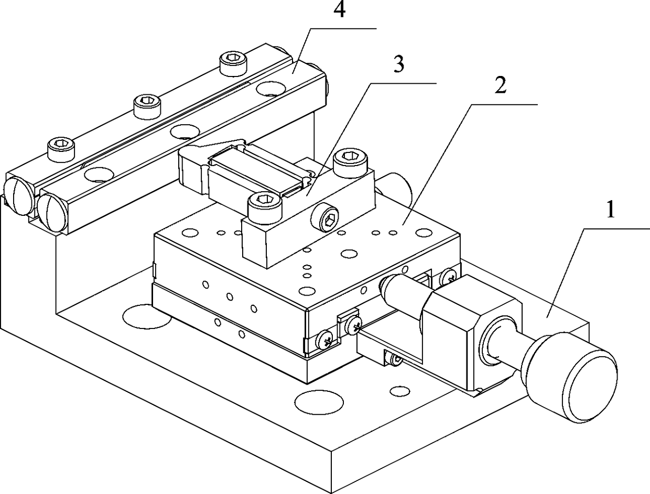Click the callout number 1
click(609, 211)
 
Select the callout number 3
click(399, 65)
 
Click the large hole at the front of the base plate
click(316, 402)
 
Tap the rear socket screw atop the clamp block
click(350, 162)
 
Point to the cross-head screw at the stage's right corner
click(448, 275)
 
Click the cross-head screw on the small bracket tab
click(352, 327)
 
